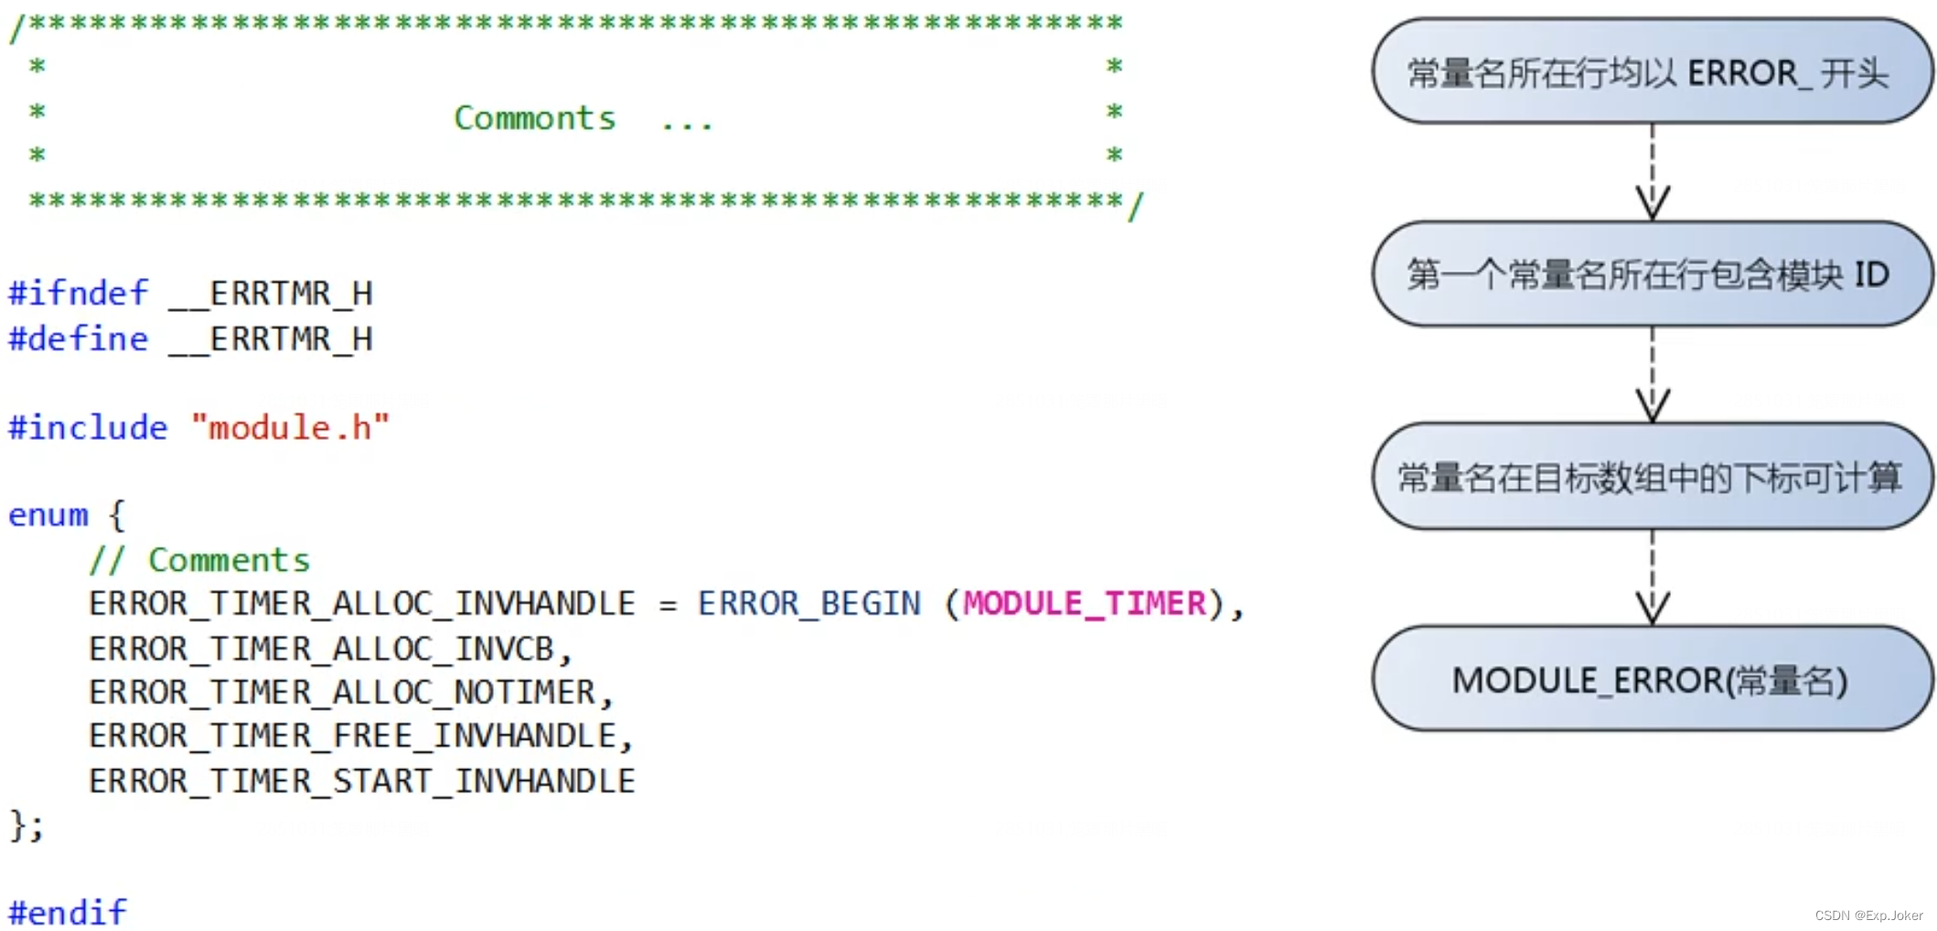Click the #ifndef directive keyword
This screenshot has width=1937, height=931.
(x=78, y=294)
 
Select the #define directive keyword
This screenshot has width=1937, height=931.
(x=78, y=339)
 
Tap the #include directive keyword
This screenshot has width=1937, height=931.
(x=88, y=428)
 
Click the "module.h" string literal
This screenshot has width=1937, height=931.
(x=290, y=428)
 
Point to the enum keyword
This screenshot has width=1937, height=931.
(x=48, y=516)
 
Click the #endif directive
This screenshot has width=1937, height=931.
(x=68, y=912)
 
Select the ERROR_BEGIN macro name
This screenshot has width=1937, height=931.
(x=808, y=604)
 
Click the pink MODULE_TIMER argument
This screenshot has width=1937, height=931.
(x=1085, y=604)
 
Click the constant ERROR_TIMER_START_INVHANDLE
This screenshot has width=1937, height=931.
(x=362, y=781)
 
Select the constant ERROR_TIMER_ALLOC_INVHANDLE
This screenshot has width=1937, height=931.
(x=362, y=604)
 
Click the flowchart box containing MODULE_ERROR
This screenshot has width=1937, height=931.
(x=1651, y=680)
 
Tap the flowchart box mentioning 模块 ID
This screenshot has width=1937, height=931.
(x=1651, y=273)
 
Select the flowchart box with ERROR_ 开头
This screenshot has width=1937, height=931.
(x=1651, y=71)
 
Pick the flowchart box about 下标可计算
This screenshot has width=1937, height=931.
(x=1651, y=476)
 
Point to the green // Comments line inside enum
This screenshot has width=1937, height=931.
(x=199, y=560)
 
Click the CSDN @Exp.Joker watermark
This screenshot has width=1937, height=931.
(x=1867, y=915)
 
